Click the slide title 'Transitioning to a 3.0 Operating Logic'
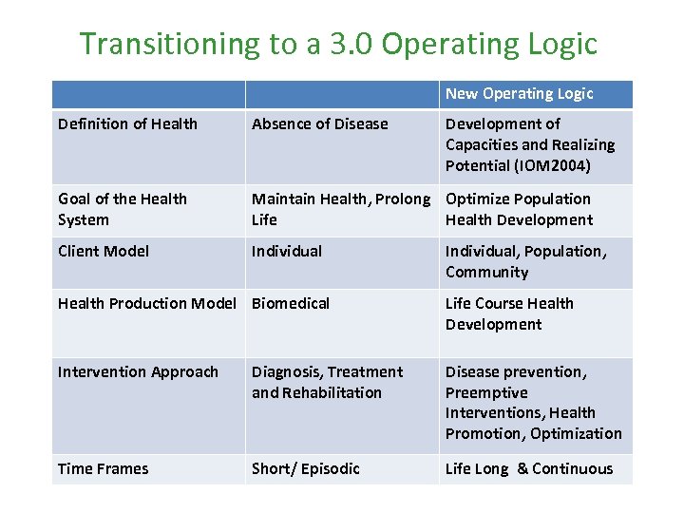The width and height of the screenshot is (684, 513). (338, 44)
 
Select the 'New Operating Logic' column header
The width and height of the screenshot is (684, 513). (519, 93)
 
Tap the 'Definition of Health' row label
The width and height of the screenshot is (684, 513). (127, 123)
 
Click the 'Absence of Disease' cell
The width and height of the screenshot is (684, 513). (320, 123)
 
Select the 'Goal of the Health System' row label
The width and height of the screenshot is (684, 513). (123, 209)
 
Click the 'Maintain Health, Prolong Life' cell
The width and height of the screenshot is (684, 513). (340, 209)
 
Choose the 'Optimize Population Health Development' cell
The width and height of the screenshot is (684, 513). (519, 209)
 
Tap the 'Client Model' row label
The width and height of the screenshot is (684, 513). (103, 251)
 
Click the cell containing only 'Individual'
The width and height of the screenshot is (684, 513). (287, 251)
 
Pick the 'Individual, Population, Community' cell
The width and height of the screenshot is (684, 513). (525, 261)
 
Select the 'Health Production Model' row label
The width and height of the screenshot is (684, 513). (146, 303)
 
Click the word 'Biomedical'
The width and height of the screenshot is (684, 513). (291, 303)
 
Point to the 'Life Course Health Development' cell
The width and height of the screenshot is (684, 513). (509, 313)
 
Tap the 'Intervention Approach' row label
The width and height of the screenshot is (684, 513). (138, 371)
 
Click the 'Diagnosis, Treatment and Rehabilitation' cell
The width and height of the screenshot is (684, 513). (327, 382)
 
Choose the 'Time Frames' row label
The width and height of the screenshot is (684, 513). (103, 468)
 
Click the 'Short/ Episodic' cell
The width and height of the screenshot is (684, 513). (306, 468)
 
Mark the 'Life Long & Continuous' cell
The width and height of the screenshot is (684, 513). (529, 468)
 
